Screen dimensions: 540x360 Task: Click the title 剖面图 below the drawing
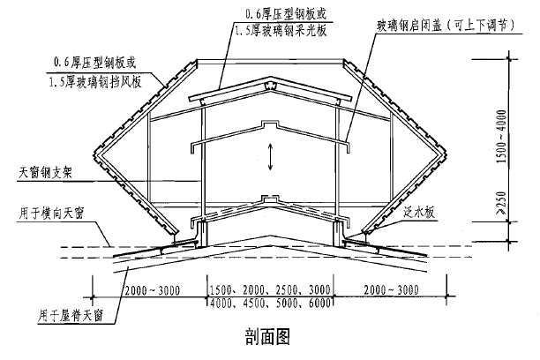(267, 336)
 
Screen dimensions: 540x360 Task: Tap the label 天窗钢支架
(45, 173)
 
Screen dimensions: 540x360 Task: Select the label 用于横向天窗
(51, 214)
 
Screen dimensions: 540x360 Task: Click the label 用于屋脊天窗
(71, 316)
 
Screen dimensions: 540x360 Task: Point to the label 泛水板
(419, 213)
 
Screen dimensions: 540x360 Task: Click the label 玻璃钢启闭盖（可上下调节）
(446, 26)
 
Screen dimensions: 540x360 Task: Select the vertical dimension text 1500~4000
(502, 137)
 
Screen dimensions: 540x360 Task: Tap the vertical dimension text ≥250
(502, 204)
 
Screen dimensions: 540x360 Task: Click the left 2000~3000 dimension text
(153, 290)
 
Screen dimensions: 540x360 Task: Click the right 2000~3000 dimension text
(392, 290)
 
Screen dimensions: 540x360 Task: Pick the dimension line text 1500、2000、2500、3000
(270, 290)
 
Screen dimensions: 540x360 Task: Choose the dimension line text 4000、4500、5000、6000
(270, 304)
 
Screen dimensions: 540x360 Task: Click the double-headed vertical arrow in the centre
(271, 157)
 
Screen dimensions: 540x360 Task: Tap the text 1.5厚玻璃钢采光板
(281, 31)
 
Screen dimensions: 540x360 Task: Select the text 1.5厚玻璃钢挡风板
(95, 83)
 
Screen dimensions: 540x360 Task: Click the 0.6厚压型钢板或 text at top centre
(286, 14)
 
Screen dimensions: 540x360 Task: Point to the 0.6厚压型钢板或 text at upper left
(94, 63)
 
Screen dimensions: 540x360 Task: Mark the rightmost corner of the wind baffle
(446, 154)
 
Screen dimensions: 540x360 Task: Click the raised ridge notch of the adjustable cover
(270, 124)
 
